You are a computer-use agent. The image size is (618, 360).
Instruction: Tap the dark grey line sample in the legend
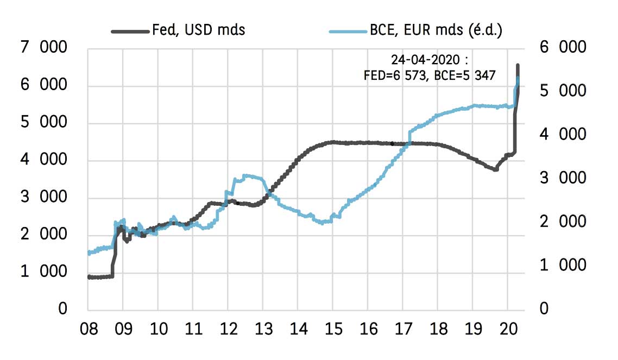tap(130, 31)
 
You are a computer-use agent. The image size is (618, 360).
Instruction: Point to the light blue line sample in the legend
tap(348, 31)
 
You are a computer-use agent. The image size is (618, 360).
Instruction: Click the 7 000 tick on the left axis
tap(45, 48)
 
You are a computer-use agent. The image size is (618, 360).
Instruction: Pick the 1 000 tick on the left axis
tap(45, 272)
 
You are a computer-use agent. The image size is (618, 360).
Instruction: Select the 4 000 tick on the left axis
tap(45, 160)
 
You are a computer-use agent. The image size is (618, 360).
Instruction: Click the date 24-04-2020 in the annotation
tap(419, 59)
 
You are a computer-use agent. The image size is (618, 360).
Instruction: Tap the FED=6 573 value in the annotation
tap(396, 75)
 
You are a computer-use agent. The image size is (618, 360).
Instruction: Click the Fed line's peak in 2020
tap(518, 65)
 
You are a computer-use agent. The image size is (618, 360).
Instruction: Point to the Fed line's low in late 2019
tap(495, 169)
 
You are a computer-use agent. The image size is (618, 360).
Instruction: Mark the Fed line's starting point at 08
tap(89, 276)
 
